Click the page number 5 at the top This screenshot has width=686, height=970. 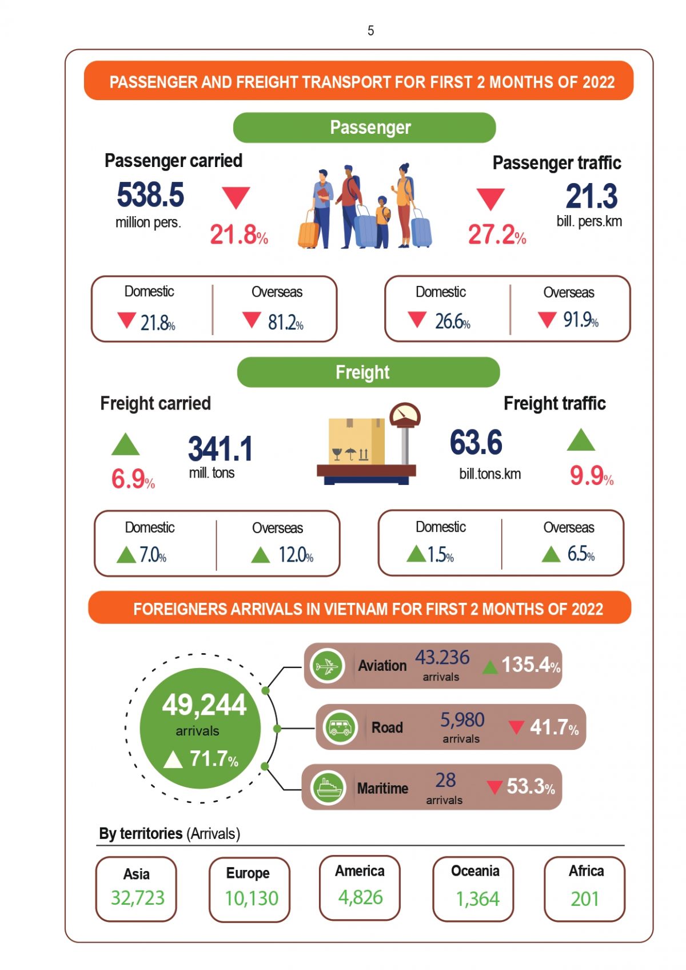click(370, 30)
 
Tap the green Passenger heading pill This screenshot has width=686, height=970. click(364, 128)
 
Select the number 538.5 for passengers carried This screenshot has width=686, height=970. click(150, 195)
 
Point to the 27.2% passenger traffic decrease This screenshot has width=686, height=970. click(496, 234)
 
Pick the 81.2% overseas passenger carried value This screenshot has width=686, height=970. click(285, 323)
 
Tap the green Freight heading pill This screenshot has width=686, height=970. click(368, 372)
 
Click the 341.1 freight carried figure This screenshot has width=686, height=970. click(220, 449)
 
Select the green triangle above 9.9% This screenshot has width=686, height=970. click(581, 440)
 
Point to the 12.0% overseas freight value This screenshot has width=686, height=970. click(295, 555)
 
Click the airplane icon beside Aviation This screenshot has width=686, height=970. click(328, 666)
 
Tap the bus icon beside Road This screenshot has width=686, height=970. click(340, 727)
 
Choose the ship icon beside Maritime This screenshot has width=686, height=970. click(328, 788)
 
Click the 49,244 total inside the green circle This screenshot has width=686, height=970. click(204, 705)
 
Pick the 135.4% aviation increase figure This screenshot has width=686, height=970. click(530, 665)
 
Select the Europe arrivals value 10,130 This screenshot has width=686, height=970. click(251, 899)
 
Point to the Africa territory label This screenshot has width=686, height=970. click(586, 871)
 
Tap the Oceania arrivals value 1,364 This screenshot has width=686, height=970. click(477, 899)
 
